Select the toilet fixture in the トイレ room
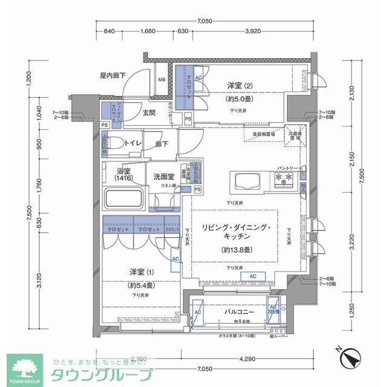point(112,144)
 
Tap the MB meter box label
point(161,80)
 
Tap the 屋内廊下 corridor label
point(112,76)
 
